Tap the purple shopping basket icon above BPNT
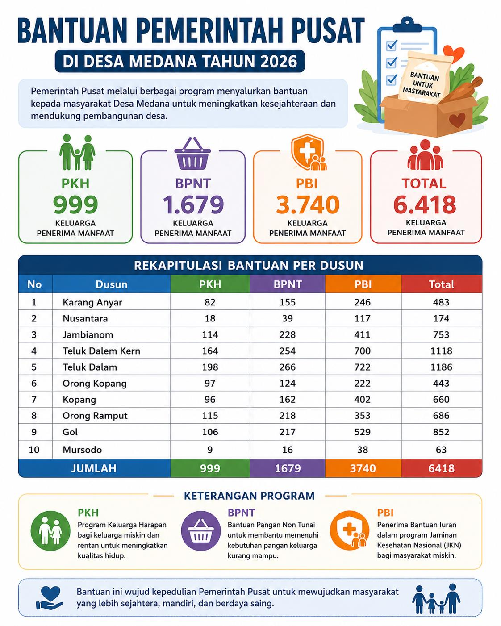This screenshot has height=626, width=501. pyautogui.click(x=192, y=154)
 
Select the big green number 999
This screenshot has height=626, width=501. pyautogui.click(x=75, y=204)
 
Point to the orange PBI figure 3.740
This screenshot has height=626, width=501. pyautogui.click(x=308, y=204)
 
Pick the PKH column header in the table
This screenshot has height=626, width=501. pyautogui.click(x=210, y=284)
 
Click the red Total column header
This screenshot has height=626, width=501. pyautogui.click(x=441, y=284)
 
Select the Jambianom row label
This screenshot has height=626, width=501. pyautogui.click(x=88, y=335)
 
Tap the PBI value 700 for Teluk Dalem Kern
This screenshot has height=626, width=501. pyautogui.click(x=363, y=351)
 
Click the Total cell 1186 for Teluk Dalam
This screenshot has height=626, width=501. pyautogui.click(x=441, y=367)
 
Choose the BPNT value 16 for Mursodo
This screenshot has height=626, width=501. pyautogui.click(x=288, y=450)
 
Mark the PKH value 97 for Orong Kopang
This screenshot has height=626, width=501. pyautogui.click(x=210, y=384)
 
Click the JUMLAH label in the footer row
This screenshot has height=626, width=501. pyautogui.click(x=94, y=468)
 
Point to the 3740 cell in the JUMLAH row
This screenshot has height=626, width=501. pyautogui.click(x=363, y=468)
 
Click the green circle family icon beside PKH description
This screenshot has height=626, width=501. pyautogui.click(x=50, y=531)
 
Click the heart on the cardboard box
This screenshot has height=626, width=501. pyautogui.click(x=457, y=120)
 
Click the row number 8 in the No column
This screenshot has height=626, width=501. pyautogui.click(x=34, y=416)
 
